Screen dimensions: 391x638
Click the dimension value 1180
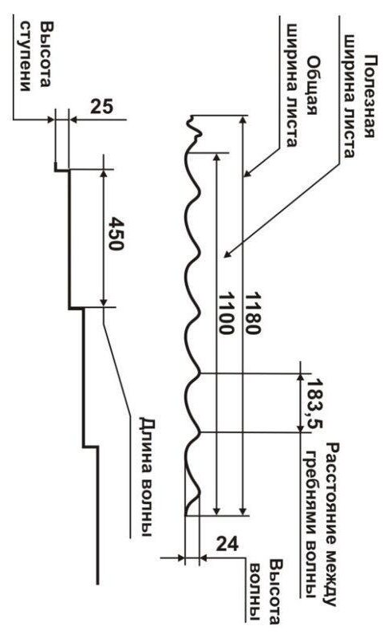251,313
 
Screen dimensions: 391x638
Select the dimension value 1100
225,313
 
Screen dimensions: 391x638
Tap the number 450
115,234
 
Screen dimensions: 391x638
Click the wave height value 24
227,544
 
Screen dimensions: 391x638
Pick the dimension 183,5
314,404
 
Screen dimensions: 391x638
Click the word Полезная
368,96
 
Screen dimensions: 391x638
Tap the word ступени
26,56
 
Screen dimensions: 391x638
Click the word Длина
148,443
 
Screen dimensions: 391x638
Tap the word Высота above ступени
45,54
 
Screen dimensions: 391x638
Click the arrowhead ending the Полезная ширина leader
227,255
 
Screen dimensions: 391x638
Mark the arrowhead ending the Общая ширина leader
247,175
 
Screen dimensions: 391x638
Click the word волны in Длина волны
147,505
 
